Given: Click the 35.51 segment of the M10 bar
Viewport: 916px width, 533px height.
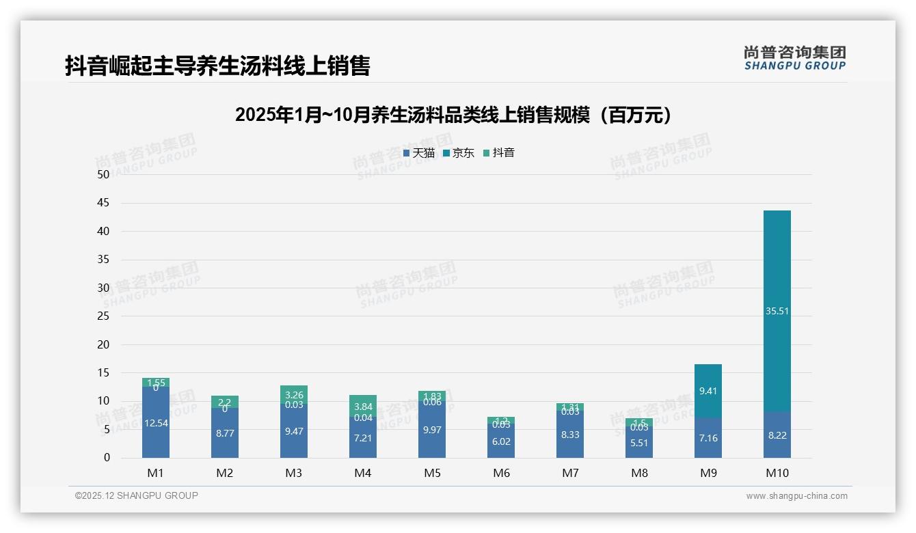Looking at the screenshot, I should pos(777,311).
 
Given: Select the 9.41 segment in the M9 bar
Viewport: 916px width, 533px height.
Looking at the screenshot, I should pos(708,392).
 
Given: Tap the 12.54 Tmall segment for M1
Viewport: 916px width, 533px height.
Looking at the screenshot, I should pos(156,423).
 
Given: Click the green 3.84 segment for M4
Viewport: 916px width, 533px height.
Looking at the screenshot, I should pos(363,405).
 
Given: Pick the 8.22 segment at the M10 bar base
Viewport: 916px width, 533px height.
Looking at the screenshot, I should pos(777,435).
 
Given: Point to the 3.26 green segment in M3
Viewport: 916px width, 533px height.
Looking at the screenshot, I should pos(294,394).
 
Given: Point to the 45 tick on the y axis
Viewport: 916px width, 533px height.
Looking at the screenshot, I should pos(103,203).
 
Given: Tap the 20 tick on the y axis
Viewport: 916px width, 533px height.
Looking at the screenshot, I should pos(103,344).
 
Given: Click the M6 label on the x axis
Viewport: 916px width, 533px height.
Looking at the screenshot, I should pos(501,474).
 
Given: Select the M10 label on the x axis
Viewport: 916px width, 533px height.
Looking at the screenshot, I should pos(777,474).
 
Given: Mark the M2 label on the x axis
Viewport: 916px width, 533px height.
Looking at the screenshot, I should pos(225,474).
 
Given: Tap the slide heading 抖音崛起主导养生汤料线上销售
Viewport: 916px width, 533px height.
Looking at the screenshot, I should pos(217,66).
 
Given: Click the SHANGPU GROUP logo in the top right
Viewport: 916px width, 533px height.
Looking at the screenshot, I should pos(794,58).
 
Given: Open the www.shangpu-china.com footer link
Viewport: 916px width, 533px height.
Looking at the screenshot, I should pos(796,496).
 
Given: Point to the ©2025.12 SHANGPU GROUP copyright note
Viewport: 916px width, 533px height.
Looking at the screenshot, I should pos(137,496).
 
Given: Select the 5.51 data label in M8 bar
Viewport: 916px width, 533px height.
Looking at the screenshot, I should pos(639,443).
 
